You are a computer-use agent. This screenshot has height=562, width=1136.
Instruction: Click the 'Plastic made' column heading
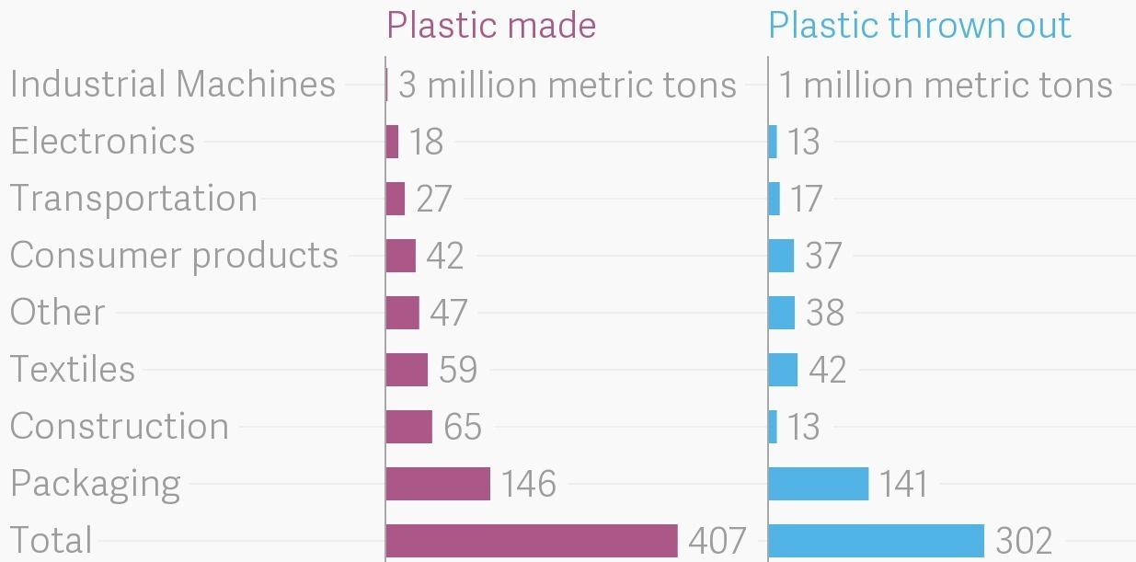click(491, 25)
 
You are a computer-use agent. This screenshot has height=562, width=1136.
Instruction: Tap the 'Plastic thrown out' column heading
click(920, 25)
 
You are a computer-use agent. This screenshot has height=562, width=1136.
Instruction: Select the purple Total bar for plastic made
click(531, 541)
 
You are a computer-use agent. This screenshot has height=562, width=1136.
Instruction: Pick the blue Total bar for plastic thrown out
click(876, 541)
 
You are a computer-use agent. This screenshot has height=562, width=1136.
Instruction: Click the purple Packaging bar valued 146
click(438, 484)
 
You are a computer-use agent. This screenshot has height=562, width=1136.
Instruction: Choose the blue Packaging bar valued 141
click(818, 484)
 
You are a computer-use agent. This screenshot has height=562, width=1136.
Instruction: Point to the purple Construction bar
click(408, 427)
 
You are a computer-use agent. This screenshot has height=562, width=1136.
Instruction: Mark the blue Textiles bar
click(783, 370)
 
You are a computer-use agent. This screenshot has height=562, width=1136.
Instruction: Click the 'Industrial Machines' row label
click(173, 85)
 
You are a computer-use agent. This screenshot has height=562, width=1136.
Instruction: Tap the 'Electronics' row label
click(103, 142)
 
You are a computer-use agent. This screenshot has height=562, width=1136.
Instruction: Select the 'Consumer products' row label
click(174, 256)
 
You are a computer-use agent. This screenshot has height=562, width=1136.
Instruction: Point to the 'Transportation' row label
click(133, 199)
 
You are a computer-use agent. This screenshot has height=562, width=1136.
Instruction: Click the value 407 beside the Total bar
click(717, 541)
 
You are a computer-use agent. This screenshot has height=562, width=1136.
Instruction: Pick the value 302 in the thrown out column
click(1024, 541)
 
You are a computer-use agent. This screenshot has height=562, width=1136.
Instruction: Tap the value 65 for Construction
click(463, 427)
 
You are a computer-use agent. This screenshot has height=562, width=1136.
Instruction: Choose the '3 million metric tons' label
click(568, 86)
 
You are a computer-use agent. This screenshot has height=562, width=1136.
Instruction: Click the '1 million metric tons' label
click(946, 86)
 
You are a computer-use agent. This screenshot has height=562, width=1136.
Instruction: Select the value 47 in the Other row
click(449, 313)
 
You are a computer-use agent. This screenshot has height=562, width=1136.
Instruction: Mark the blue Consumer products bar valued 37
click(781, 256)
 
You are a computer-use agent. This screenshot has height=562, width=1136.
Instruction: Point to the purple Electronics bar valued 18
click(392, 142)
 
